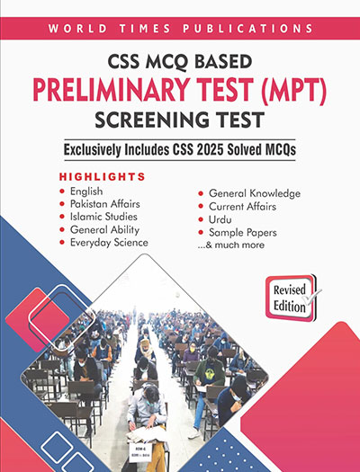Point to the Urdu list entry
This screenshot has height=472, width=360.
(222, 219)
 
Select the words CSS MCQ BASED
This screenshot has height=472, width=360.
(179, 62)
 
